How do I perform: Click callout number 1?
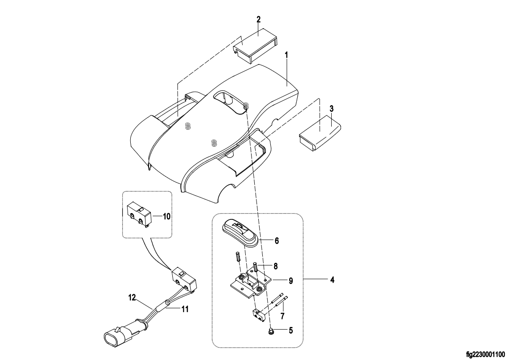286,55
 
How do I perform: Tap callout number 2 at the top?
258,20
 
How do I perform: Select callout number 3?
331,109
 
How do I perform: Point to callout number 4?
333,280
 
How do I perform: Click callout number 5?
291,330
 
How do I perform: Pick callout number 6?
277,241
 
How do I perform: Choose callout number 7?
282,316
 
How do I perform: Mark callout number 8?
275,266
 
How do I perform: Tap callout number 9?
291,281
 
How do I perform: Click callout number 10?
167,216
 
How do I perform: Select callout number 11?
185,309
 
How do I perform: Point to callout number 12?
132,297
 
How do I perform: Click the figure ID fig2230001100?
486,354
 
